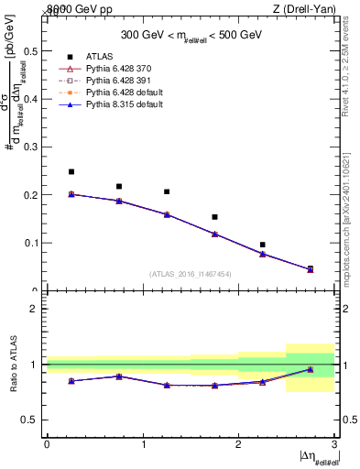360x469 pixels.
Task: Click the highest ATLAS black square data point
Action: (x=71, y=171)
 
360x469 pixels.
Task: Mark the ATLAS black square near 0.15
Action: (x=214, y=217)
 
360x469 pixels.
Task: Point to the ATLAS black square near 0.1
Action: (x=262, y=245)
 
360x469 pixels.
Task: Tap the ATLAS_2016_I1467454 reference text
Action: (x=190, y=274)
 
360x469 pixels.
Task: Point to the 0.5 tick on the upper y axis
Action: (x=33, y=50)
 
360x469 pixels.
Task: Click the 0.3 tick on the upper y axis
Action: (x=33, y=147)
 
